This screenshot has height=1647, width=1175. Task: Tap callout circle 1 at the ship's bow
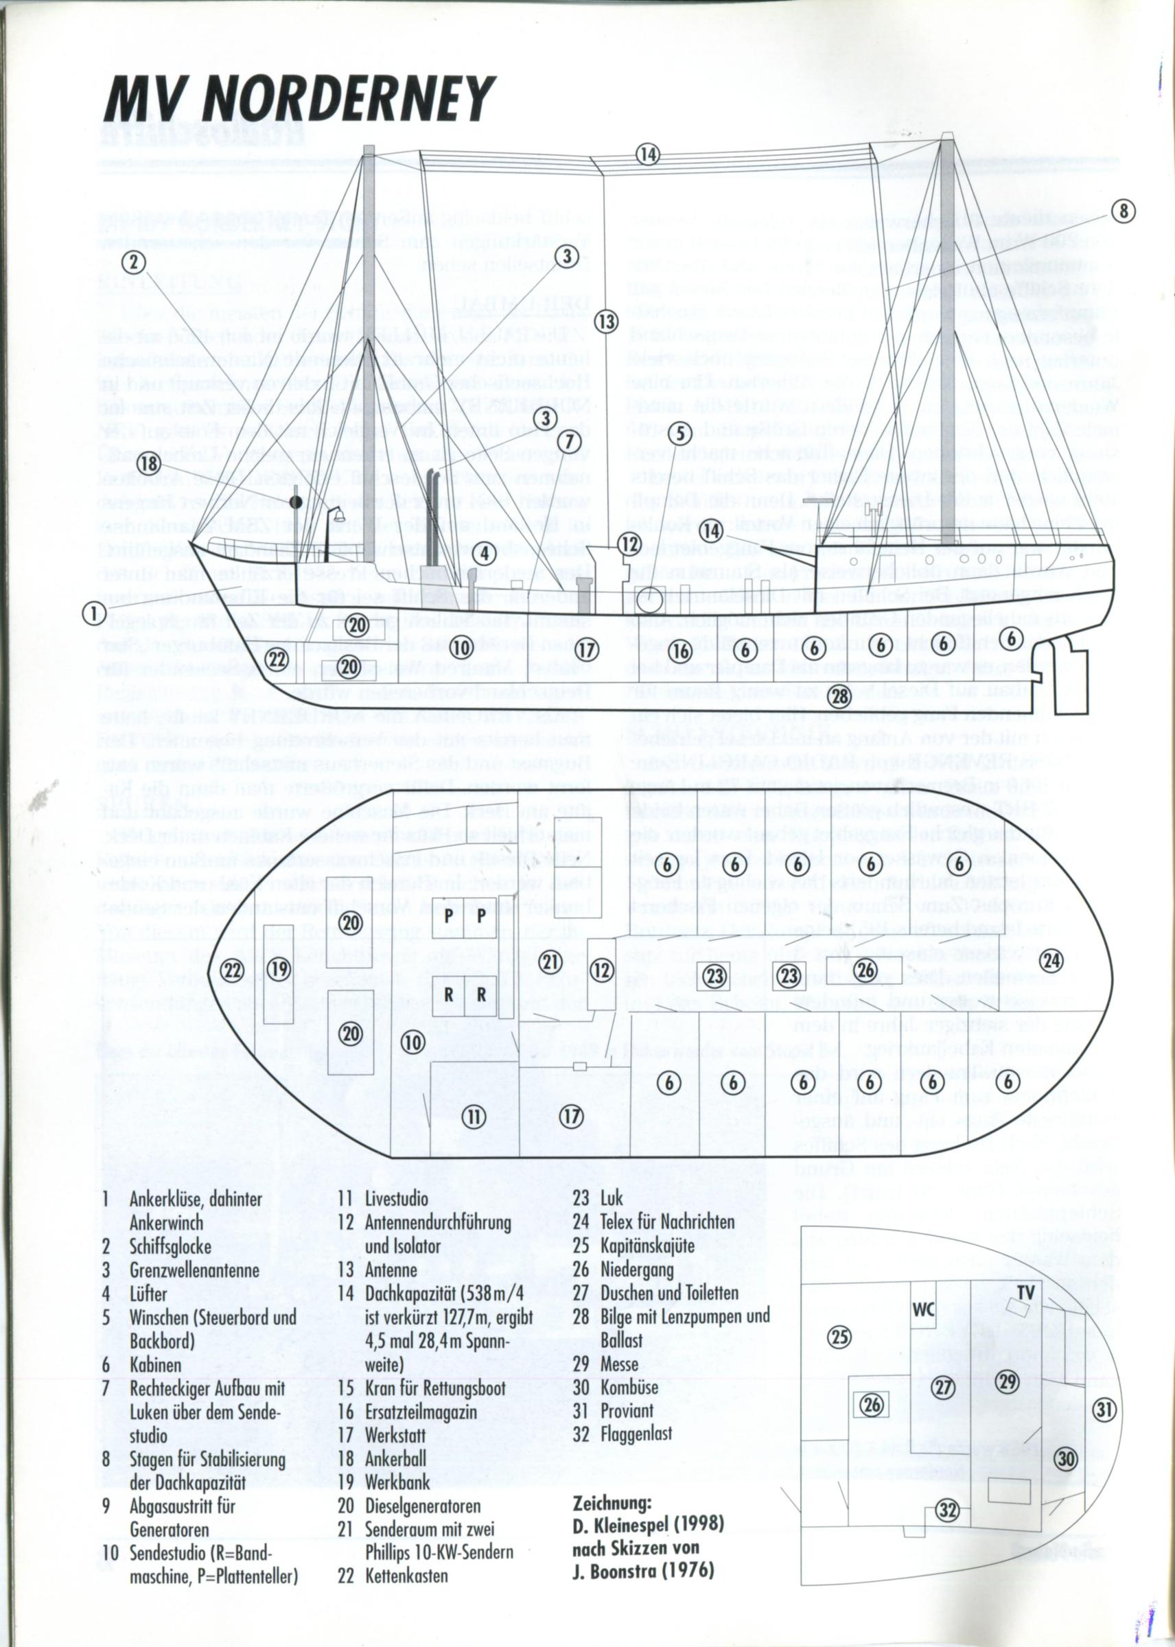pos(94,614)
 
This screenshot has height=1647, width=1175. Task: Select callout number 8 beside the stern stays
pos(1123,211)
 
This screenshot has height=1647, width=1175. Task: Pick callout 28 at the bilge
pos(840,697)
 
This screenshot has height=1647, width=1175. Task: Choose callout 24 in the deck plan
pos(1051,961)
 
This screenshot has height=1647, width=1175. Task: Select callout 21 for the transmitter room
pos(550,962)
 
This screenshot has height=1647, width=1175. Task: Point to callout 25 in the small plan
pos(839,1338)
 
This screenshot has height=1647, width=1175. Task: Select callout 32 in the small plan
pos(947,1507)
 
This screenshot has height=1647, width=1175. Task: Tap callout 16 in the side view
pos(681,652)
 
